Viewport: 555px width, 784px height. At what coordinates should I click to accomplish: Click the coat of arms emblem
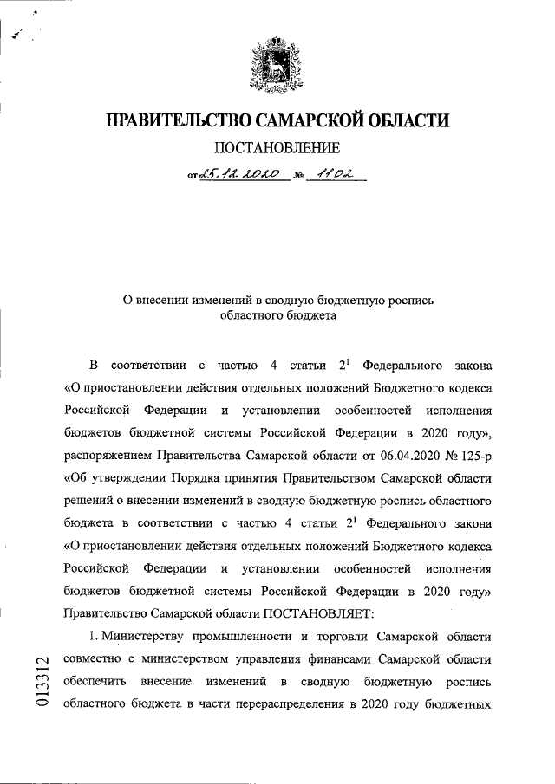tap(277, 64)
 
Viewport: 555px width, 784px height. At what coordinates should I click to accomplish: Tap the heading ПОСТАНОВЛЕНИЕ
tap(277, 149)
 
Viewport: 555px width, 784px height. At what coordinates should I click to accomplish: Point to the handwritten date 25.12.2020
tap(238, 175)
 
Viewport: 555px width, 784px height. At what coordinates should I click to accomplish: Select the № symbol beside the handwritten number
tap(297, 177)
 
